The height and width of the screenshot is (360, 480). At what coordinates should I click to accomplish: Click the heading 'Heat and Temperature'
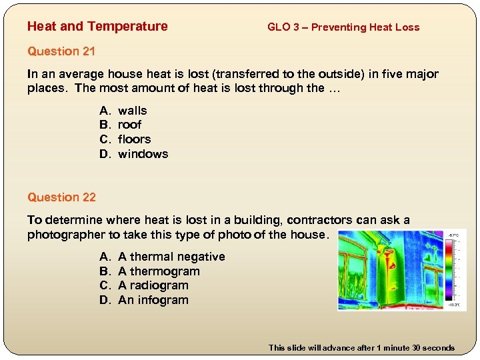97,27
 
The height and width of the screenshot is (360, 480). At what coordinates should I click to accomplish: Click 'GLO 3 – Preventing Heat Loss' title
343,27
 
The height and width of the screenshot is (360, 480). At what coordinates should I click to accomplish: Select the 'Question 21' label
61,51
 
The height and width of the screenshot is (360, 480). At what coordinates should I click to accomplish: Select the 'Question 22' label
61,197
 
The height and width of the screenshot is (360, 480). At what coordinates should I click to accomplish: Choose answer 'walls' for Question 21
132,111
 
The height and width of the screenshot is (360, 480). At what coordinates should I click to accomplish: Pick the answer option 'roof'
129,125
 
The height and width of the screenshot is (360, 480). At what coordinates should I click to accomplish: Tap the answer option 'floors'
134,139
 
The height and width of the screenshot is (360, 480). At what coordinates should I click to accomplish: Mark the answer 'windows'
143,154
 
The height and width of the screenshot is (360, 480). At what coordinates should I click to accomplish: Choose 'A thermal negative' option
171,257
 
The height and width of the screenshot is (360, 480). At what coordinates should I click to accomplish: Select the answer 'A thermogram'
159,271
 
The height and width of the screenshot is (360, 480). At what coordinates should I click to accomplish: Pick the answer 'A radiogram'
153,285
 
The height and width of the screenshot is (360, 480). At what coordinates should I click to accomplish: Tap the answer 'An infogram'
153,300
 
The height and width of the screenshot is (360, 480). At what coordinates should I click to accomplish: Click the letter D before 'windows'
104,154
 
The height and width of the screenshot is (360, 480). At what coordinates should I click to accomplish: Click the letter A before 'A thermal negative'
104,257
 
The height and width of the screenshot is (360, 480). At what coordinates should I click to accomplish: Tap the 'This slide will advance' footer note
361,347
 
